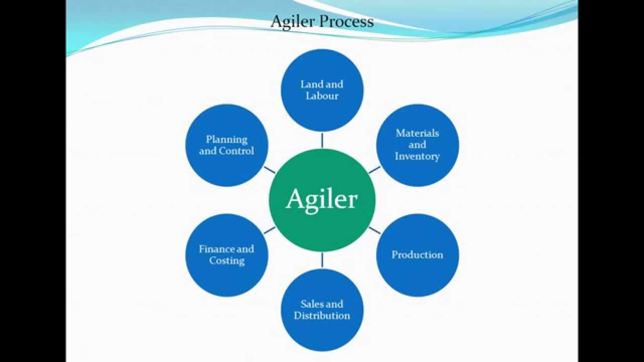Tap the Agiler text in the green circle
[322, 200]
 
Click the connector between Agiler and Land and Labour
[322, 140]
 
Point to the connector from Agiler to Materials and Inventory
[374, 169]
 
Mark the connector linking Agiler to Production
[374, 230]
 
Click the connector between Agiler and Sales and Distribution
[322, 259]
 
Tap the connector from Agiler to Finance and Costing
[270, 230]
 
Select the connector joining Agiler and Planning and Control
[270, 169]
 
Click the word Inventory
[417, 156]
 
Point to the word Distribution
[322, 316]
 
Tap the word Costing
[227, 260]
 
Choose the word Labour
[322, 96]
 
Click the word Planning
[227, 139]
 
